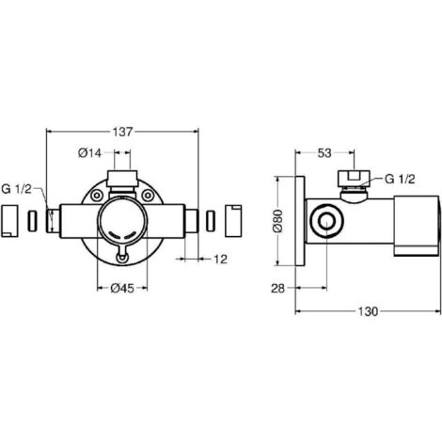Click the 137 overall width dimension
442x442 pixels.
pos(123,132)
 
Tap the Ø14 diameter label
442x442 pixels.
pos(89,153)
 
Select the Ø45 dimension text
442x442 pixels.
pos(122,288)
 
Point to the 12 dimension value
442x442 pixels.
pos(220,260)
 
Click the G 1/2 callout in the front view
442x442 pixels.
pos(16,189)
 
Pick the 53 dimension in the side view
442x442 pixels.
pos(324,153)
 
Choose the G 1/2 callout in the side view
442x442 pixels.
pos(400,179)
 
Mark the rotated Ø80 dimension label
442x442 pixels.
pos(278,221)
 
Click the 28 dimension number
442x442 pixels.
pos(277,288)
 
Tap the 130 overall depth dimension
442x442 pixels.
pos(368,311)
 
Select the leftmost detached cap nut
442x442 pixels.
pos(9,221)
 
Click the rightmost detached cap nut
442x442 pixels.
pos(233,221)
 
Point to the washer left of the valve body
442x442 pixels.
pos(33,221)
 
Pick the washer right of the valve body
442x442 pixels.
pos(211,221)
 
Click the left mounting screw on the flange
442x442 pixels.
pos(97,196)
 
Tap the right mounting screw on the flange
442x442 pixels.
pos(148,196)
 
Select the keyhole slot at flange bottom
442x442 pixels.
pos(122,256)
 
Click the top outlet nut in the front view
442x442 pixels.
pos(122,179)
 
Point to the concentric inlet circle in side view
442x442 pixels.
pos(326,221)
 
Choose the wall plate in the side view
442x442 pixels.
pos(300,221)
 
